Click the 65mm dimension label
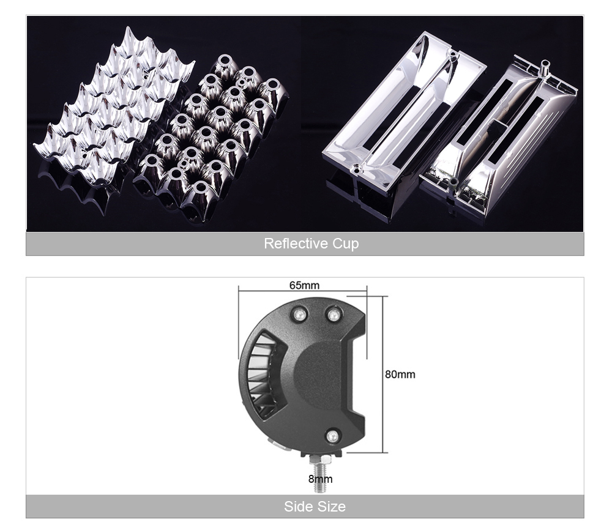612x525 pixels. click(x=304, y=285)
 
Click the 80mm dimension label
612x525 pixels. click(x=400, y=374)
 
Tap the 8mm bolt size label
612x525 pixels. click(x=321, y=479)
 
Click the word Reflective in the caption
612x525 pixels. click(x=296, y=243)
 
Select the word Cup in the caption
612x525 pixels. click(x=345, y=244)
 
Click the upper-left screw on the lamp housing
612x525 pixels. click(x=300, y=313)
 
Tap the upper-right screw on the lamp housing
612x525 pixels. click(x=334, y=314)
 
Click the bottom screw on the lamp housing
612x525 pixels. click(x=332, y=436)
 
